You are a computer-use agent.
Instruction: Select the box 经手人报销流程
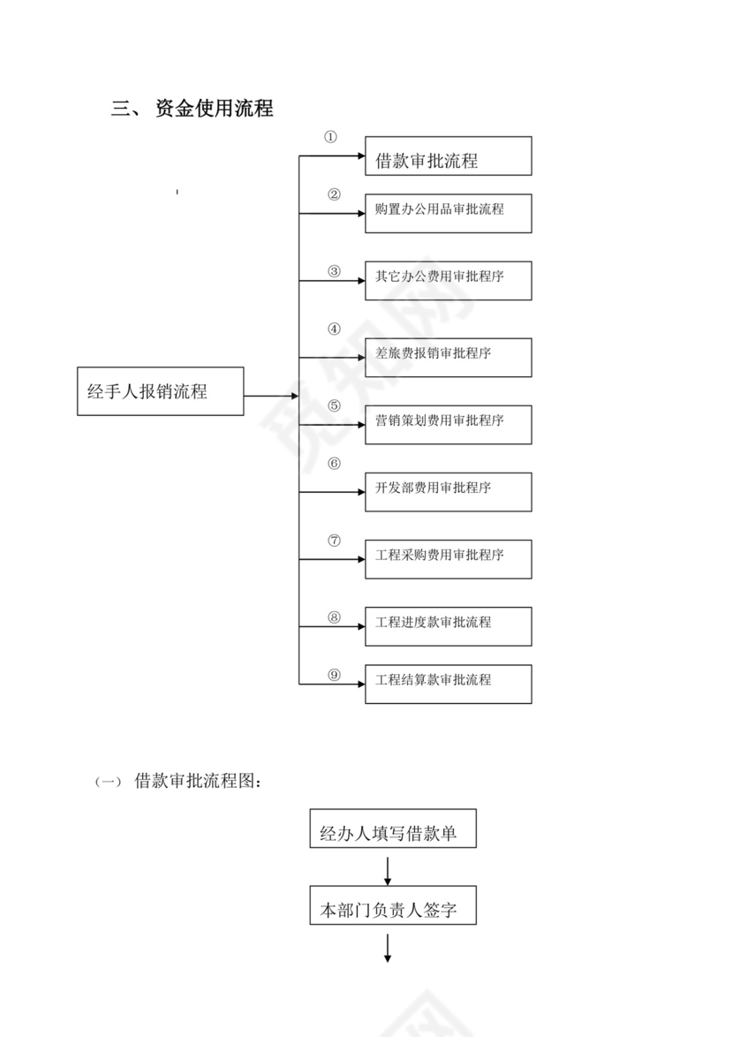click(x=160, y=391)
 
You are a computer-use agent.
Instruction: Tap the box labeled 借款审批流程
click(x=448, y=156)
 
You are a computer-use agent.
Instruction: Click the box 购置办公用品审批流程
click(x=448, y=213)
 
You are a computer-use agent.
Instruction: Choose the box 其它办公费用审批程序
click(x=448, y=280)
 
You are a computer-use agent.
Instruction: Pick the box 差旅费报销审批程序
click(x=448, y=357)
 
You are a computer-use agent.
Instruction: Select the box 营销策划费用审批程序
click(x=448, y=424)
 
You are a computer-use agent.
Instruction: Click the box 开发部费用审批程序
click(x=448, y=491)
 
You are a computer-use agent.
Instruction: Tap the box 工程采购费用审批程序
click(x=448, y=558)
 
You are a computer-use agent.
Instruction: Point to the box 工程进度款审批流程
click(x=448, y=626)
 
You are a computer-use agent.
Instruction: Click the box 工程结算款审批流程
click(x=448, y=684)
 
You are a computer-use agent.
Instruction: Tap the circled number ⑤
click(x=334, y=405)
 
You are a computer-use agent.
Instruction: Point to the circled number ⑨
click(x=334, y=674)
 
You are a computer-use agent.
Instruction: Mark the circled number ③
click(x=334, y=271)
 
